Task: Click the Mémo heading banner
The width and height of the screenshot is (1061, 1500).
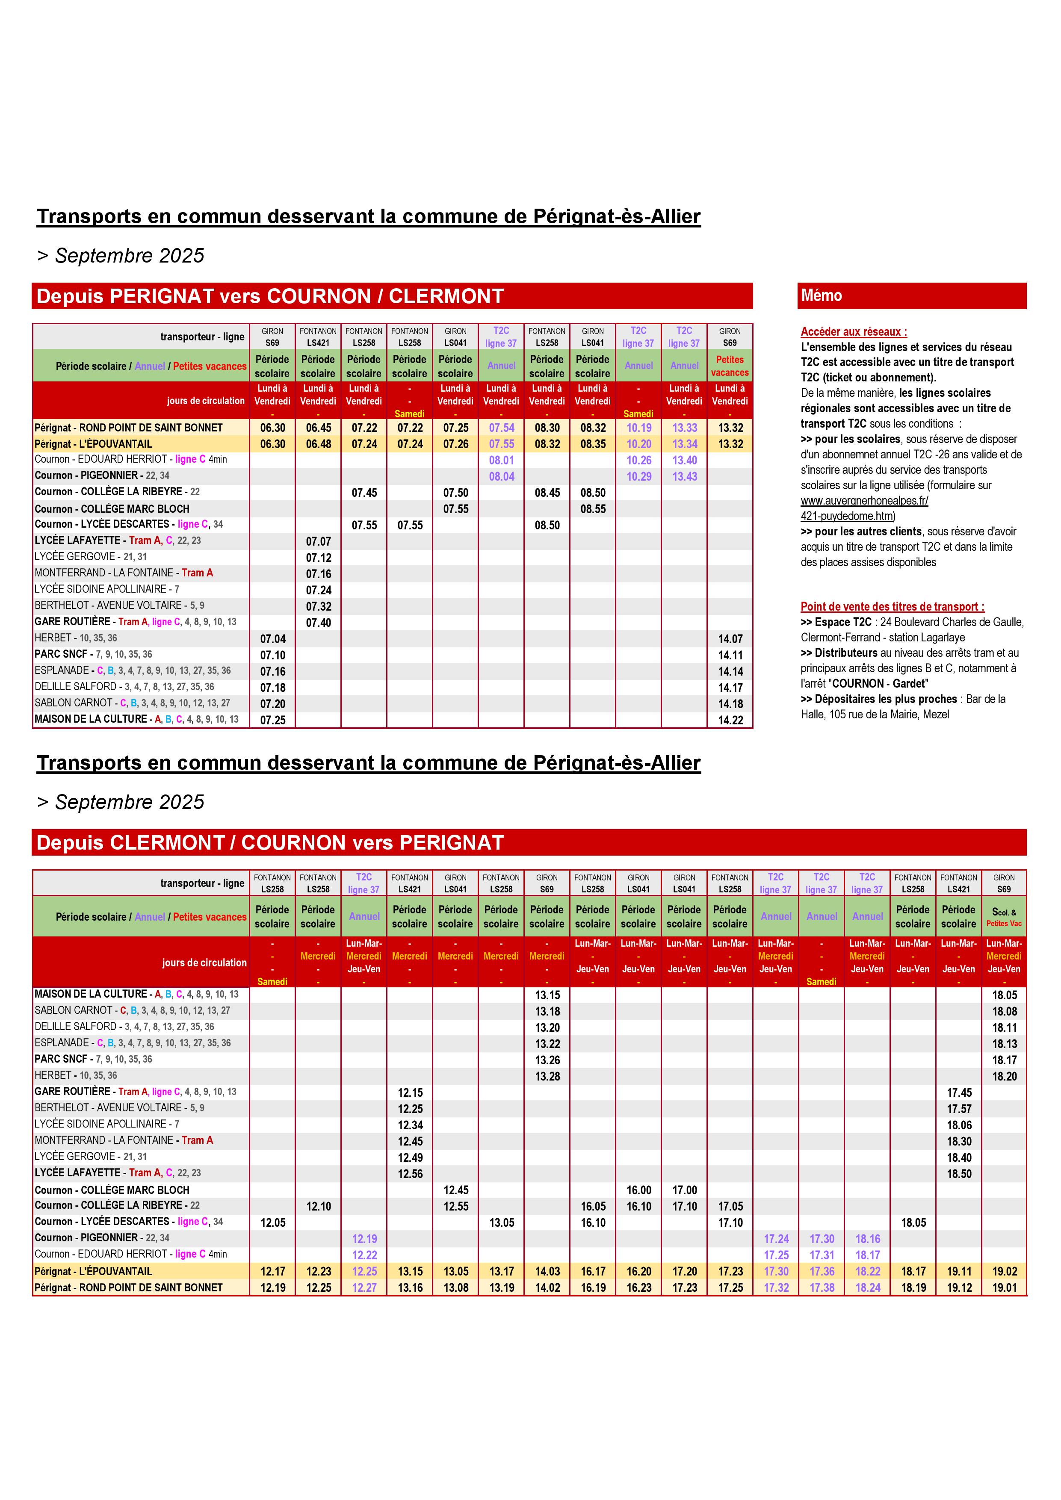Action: pos(911,296)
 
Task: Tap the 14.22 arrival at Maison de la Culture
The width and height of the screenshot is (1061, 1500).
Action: pos(730,720)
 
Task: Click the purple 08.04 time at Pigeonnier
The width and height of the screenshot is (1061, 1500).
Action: pos(501,476)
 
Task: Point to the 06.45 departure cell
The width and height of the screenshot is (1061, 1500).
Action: pos(318,428)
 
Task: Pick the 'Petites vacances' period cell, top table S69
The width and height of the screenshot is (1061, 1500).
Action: pos(730,366)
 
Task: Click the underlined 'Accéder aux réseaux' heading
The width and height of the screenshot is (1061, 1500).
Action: pos(853,332)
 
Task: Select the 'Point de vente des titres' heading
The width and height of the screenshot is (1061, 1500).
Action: pos(892,606)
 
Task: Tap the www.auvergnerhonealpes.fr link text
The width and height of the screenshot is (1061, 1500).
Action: pos(864,500)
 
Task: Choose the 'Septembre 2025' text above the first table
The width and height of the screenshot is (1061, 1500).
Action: pos(129,255)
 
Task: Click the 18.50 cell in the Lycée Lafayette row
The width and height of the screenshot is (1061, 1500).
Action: pos(958,1173)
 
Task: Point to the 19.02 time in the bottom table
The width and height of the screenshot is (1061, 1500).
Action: pos(1004,1271)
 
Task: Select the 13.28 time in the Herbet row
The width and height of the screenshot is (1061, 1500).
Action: pos(547,1076)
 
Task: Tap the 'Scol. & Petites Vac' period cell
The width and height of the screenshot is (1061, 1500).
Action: pos(1004,917)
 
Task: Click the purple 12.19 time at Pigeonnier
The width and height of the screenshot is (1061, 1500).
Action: pos(364,1239)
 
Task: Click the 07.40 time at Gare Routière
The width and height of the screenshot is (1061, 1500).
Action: pos(318,623)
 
